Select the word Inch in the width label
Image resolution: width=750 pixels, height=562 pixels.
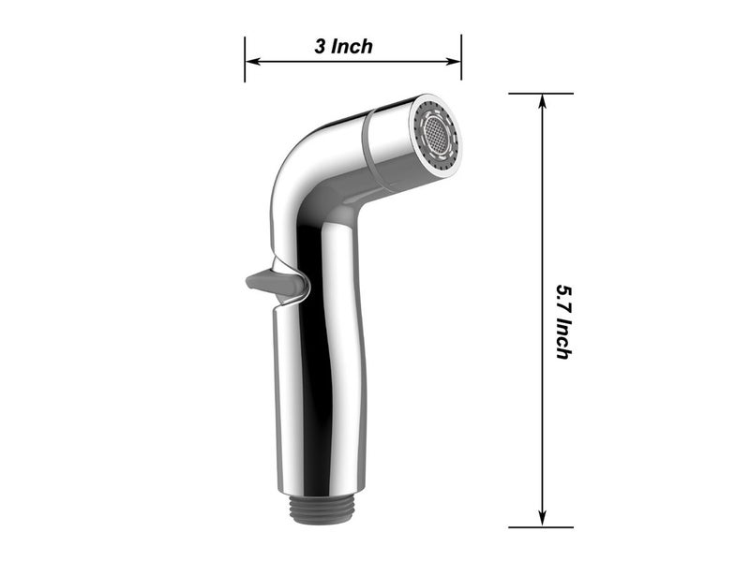pyautogui.click(x=351, y=47)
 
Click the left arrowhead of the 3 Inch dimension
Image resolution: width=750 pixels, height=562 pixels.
pyautogui.click(x=251, y=63)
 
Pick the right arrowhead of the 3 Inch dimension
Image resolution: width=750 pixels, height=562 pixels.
pyautogui.click(x=456, y=63)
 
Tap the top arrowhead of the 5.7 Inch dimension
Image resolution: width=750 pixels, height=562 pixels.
pyautogui.click(x=542, y=101)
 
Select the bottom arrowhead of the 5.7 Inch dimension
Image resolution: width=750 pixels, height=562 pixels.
pyautogui.click(x=542, y=520)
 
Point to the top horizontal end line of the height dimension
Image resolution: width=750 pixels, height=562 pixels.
pyautogui.click(x=541, y=94)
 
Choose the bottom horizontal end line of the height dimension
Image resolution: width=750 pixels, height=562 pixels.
pyautogui.click(x=541, y=527)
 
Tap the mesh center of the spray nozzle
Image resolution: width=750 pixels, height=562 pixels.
pyautogui.click(x=438, y=134)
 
